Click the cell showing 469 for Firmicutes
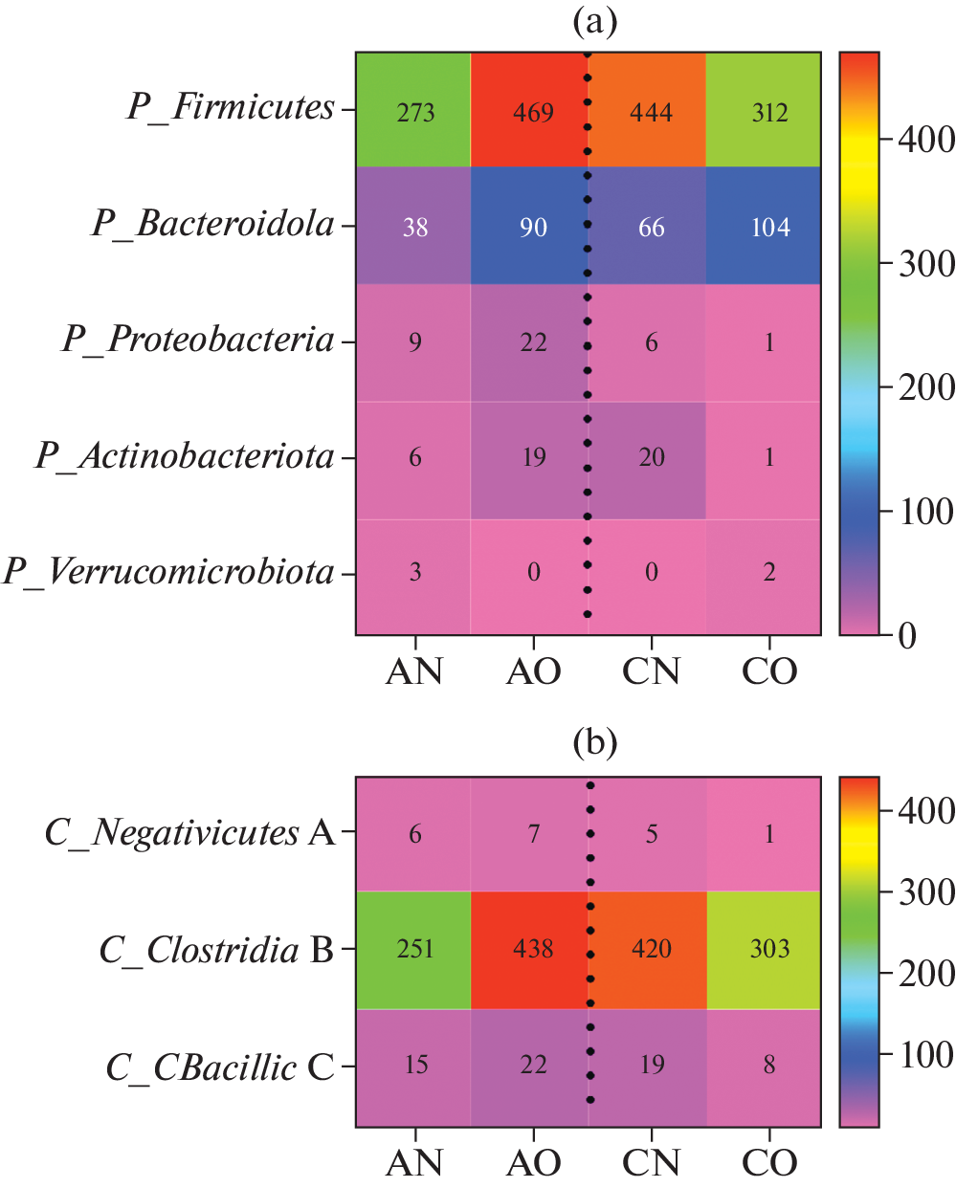pos(533,112)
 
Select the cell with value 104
pos(769,227)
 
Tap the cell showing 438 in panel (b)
pos(533,949)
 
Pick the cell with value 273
pos(415,112)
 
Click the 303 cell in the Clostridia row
pos(769,949)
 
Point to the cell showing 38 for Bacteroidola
pos(415,227)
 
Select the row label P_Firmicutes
pos(231,107)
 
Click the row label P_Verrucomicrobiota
pos(168,572)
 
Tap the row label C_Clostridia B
pos(216,950)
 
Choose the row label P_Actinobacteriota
pos(185,456)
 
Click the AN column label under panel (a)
pos(414,671)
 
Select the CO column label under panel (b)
pos(769,1163)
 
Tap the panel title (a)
pos(594,21)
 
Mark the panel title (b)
pos(594,742)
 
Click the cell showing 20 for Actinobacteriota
pos(652,457)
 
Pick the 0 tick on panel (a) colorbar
pos(907,635)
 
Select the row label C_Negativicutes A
pos(189,833)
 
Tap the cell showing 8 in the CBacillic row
pos(769,1065)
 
